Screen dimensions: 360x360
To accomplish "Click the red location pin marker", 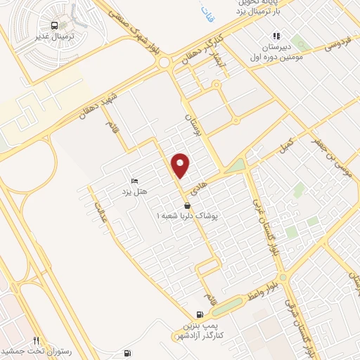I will click(x=181, y=165).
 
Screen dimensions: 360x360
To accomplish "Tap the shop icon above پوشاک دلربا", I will click(x=188, y=205).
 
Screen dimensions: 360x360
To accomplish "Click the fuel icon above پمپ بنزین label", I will click(x=201, y=314).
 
